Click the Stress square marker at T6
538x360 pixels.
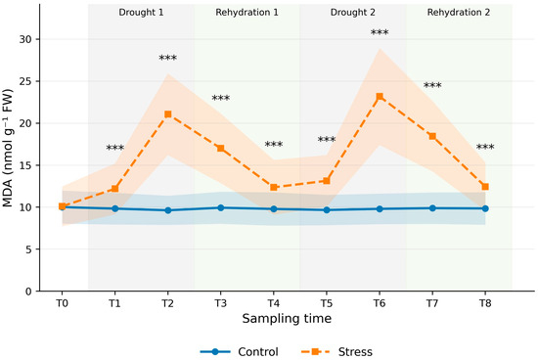tap(380, 97)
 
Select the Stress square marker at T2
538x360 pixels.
tap(168, 114)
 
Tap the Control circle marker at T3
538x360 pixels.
tap(221, 207)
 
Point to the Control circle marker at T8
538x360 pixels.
tap(485, 208)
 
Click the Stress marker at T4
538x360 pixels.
tap(274, 188)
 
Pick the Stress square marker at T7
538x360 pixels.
tap(432, 136)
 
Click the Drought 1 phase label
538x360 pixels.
tap(141, 13)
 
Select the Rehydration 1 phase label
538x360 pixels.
tap(247, 13)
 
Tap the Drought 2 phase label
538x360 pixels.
tap(353, 13)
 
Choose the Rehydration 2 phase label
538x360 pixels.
tap(459, 13)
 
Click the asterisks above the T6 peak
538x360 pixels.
tap(380, 32)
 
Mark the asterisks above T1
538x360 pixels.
tap(115, 148)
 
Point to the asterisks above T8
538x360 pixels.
tap(485, 147)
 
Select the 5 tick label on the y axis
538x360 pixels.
tap(28, 249)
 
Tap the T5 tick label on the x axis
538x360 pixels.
tap(327, 303)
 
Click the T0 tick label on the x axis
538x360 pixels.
tap(62, 303)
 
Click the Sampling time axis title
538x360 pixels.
tap(287, 319)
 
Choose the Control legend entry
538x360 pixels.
tap(239, 352)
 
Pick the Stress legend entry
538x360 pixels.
tap(336, 352)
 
